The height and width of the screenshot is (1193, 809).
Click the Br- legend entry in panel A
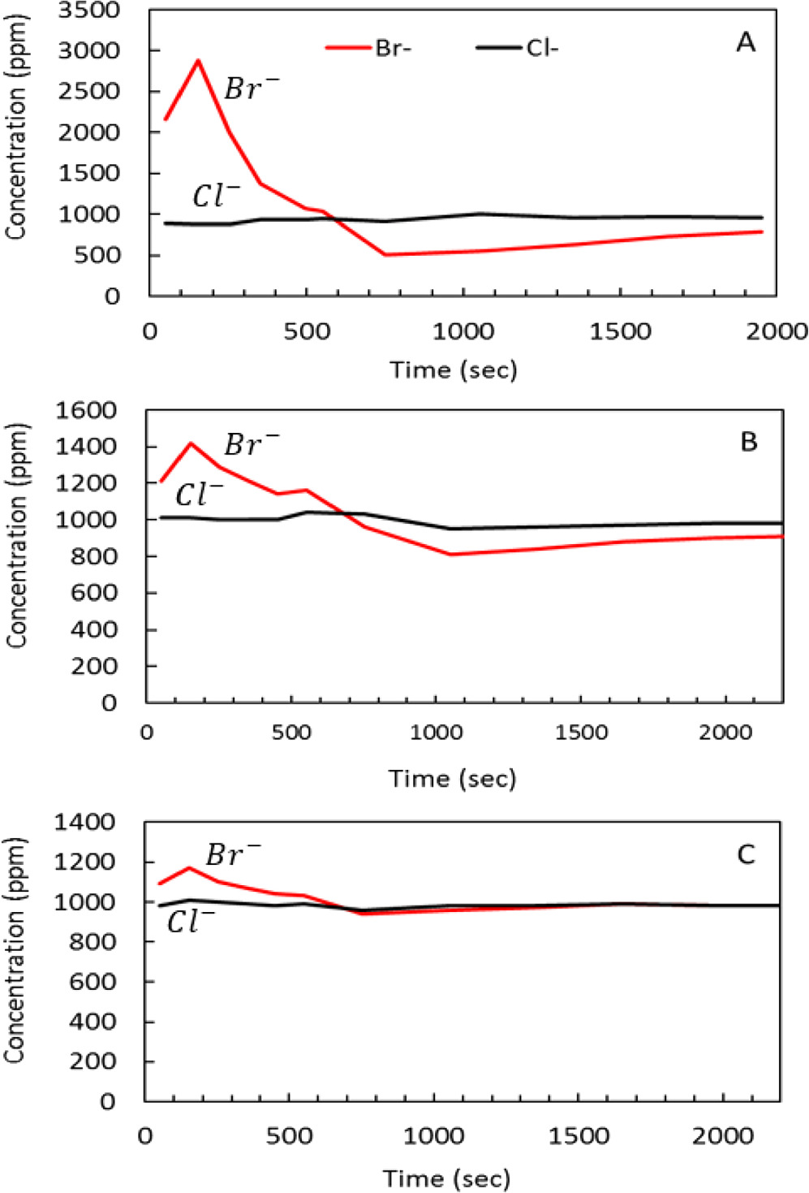click(370, 48)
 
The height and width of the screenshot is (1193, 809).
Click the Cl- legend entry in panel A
click(519, 48)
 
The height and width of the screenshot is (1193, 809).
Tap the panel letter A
click(745, 42)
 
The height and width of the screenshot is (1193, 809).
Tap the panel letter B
click(748, 442)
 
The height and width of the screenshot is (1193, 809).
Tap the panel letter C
click(745, 854)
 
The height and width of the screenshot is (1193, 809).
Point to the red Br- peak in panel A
click(198, 61)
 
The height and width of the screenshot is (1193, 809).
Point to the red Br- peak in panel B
click(191, 443)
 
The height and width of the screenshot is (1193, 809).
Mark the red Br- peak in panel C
click(189, 868)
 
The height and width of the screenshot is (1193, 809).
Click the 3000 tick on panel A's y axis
click(88, 50)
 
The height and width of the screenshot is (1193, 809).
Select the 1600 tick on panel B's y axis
click(85, 410)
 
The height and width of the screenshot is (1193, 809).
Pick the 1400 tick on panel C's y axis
click(84, 823)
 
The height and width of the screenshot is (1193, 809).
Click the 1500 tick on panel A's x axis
click(620, 331)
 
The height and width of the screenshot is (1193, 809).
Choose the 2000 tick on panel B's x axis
click(725, 733)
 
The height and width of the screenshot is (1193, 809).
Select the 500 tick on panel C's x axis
click(289, 1135)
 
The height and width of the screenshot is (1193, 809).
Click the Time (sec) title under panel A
click(453, 370)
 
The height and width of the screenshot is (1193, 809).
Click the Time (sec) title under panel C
click(446, 1178)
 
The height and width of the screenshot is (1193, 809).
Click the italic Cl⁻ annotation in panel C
click(190, 922)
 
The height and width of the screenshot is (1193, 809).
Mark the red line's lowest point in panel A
click(385, 254)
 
